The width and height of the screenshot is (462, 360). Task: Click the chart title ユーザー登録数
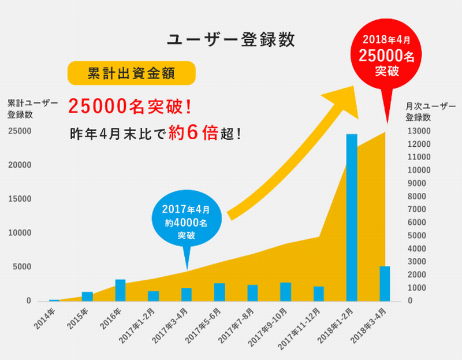(231, 39)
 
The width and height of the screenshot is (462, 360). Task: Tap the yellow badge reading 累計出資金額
(132, 74)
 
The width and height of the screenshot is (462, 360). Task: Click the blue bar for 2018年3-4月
(385, 283)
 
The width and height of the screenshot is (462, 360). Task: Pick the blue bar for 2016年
(120, 290)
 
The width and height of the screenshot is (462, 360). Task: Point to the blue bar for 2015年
(87, 296)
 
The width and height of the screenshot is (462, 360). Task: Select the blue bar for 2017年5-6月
(219, 292)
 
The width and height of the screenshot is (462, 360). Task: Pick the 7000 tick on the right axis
(419, 209)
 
